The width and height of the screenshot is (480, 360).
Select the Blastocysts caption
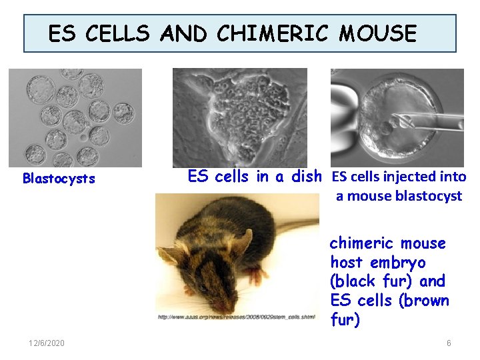[x=59, y=179]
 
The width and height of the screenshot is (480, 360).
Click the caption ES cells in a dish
[x=255, y=177]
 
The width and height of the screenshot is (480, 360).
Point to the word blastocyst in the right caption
[x=428, y=196]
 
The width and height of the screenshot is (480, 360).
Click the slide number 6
[x=449, y=343]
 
